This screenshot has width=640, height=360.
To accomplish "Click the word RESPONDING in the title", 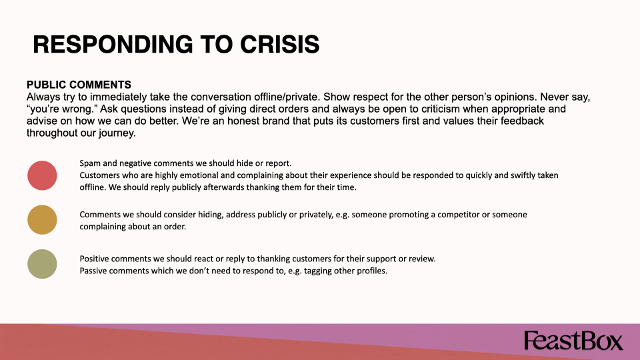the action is click(113, 44).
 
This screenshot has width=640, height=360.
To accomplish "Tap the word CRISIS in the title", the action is click(279, 44).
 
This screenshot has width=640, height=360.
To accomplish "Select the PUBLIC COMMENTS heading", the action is click(79, 85).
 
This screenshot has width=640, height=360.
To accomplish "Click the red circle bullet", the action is click(42, 175).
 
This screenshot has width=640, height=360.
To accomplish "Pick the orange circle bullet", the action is click(42, 219).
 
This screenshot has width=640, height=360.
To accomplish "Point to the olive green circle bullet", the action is click(42, 264).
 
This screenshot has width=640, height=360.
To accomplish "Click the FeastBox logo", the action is click(573, 341).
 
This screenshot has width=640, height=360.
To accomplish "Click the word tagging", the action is click(318, 271).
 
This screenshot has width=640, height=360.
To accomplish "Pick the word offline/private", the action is click(286, 97).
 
